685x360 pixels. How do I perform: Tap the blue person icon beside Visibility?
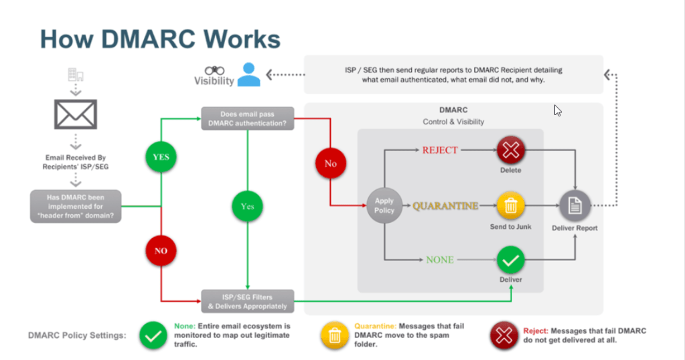[248, 74]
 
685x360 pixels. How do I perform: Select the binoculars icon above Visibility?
[214, 70]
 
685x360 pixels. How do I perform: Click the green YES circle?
[161, 157]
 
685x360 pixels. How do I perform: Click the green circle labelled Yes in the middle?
[248, 206]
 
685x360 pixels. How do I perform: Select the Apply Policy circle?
[384, 205]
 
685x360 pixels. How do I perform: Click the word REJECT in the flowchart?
[440, 150]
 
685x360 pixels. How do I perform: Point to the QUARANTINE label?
[445, 206]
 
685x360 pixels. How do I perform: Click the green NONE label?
[440, 259]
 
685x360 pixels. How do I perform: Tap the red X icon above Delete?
[511, 151]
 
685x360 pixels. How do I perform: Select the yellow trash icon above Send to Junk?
[511, 205]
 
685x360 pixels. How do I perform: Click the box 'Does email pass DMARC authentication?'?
[247, 118]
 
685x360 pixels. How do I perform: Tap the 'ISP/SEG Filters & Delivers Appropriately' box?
[247, 301]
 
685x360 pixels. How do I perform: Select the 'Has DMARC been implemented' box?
[76, 205]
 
